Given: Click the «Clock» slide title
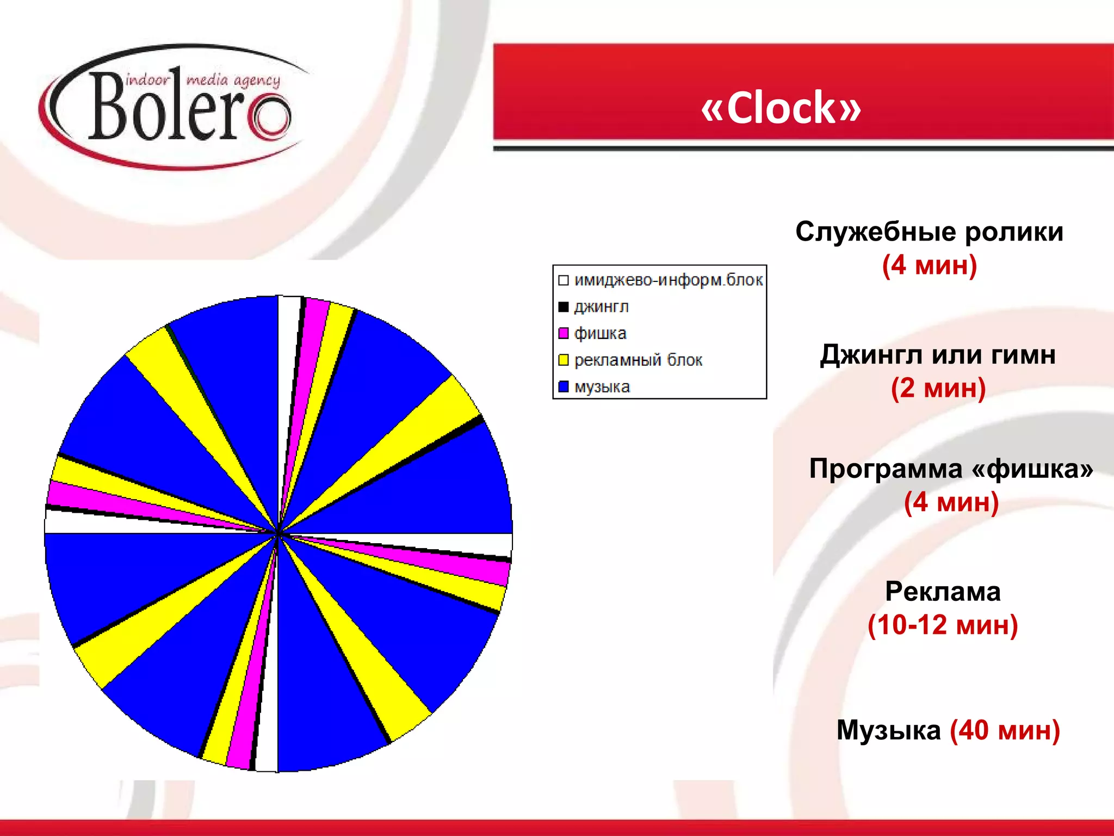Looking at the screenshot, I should tap(781, 108).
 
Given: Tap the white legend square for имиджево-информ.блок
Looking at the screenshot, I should tap(564, 280).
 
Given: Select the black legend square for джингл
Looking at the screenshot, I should tap(564, 307).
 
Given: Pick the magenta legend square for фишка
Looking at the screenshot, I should tap(564, 333).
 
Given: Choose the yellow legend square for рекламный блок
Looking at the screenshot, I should tap(564, 360).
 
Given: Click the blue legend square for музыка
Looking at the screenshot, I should tap(564, 386).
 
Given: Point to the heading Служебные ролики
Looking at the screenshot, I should tap(929, 232).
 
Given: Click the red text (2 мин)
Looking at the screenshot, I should tap(938, 388).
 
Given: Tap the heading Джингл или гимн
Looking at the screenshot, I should tap(938, 355).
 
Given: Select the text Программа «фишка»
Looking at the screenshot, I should tap(951, 469).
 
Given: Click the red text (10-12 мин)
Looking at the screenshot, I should tap(943, 625).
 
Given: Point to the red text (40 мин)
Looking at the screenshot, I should tap(1005, 730).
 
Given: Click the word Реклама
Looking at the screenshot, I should tap(943, 592).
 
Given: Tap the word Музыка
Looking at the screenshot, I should tap(888, 730).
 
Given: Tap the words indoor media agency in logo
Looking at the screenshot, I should tap(203, 81).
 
